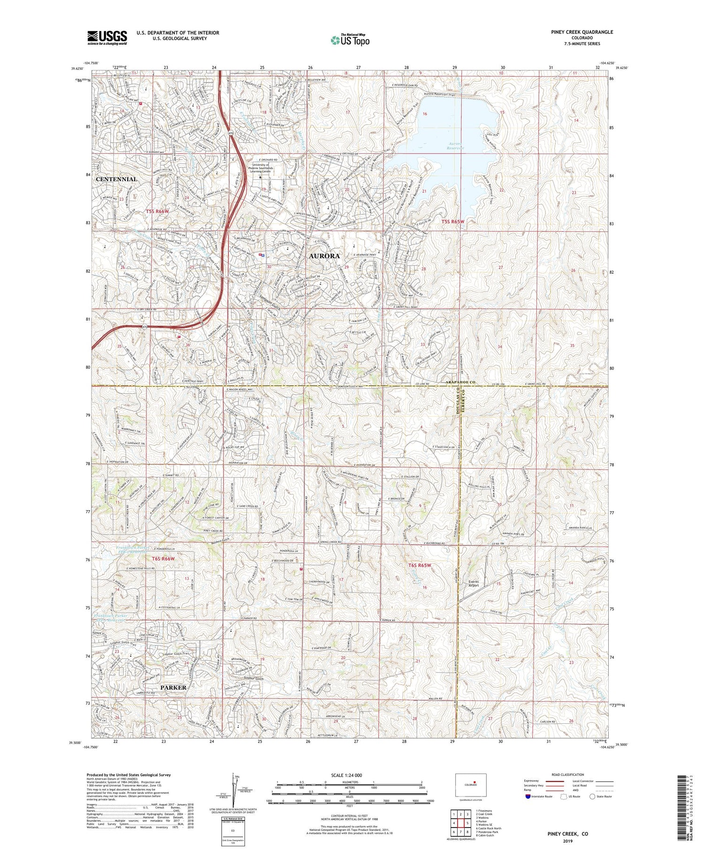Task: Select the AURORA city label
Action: tap(324, 256)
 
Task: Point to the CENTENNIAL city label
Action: tap(116, 179)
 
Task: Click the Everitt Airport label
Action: tap(474, 583)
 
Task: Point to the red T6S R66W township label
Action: tap(163, 559)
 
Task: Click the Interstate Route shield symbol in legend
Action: tap(528, 797)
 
